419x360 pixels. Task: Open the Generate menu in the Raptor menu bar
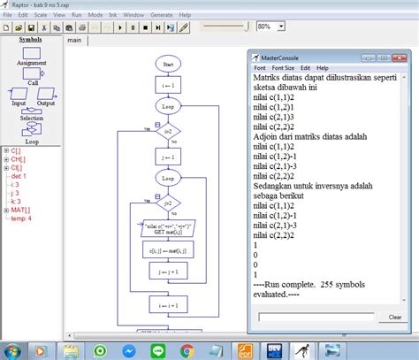tap(161, 15)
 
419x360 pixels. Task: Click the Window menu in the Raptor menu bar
tap(133, 15)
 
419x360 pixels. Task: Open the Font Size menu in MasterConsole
tap(283, 68)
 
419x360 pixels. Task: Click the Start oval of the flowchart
tap(167, 64)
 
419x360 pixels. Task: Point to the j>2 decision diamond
tap(167, 203)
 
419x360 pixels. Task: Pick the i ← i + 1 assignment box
tap(167, 305)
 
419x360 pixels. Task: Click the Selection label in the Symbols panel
tap(32, 119)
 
